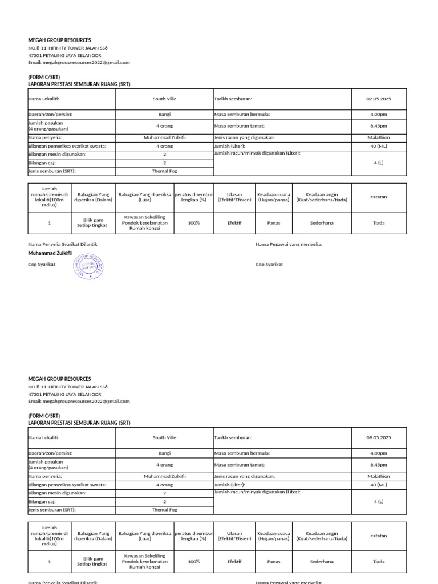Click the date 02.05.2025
point(379,99)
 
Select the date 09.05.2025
point(379,437)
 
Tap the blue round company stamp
point(89,266)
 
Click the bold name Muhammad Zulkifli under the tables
point(50,253)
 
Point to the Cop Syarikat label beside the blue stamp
point(42,265)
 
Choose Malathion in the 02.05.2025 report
point(379,137)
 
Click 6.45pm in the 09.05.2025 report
point(379,465)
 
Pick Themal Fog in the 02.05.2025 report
point(164,171)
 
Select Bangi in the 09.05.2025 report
point(164,453)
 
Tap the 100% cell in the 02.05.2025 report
point(194,223)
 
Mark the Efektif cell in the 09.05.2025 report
point(234,562)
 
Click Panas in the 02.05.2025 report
point(274,223)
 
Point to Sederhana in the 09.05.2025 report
point(322,562)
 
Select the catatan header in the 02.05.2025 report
point(379,197)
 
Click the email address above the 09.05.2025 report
point(79,401)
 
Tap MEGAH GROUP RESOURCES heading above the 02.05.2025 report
point(59,40)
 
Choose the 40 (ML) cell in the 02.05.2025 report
point(379,146)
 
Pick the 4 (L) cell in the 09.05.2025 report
point(379,502)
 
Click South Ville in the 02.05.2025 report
point(164,99)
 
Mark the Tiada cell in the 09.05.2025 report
point(379,562)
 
